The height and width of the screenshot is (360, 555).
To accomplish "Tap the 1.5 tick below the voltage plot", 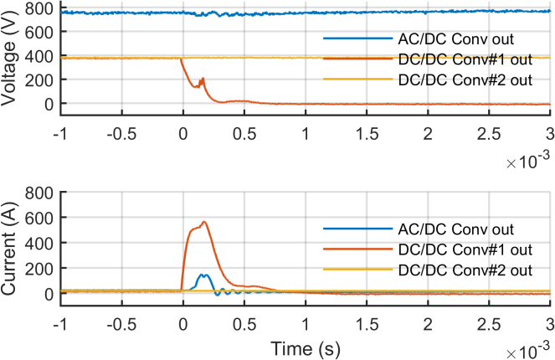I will pyautogui.click(x=366, y=134).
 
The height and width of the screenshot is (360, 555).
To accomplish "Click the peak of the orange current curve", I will pyautogui.click(x=203, y=222).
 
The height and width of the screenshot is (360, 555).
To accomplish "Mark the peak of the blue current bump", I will pyautogui.click(x=203, y=275).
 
